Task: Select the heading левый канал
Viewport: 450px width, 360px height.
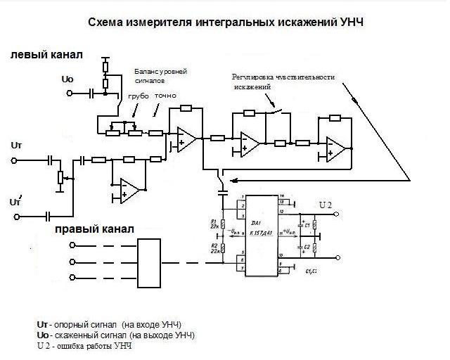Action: [46, 54]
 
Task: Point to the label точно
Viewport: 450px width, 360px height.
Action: [165, 95]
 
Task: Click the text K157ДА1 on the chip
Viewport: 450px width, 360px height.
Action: [262, 231]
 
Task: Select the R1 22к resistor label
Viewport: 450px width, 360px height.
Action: [214, 224]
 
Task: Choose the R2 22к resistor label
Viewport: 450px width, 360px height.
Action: [214, 248]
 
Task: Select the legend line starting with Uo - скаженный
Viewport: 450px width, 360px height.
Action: [115, 335]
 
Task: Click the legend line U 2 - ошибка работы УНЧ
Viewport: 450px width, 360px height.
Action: [84, 346]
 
